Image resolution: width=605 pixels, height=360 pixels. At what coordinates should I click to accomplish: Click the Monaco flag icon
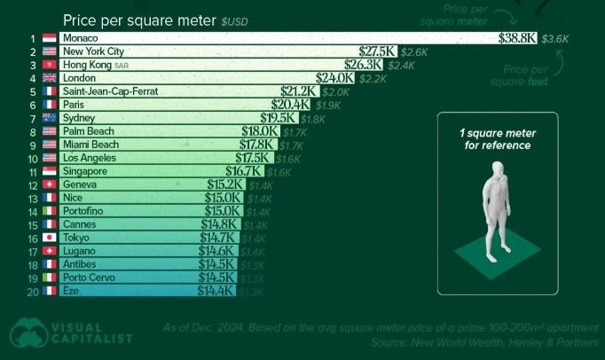coord(49,39)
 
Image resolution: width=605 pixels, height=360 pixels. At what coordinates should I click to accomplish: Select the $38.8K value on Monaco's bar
coord(518,39)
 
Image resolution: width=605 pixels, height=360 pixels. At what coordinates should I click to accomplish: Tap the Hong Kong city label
coord(86,66)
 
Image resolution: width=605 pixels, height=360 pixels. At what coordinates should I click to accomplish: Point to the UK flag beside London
coord(49,79)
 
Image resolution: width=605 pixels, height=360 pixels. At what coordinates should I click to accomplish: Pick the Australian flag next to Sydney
coord(49,118)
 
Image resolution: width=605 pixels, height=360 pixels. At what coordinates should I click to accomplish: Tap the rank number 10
coord(31,158)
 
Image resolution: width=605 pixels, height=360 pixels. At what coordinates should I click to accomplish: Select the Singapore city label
coord(84,171)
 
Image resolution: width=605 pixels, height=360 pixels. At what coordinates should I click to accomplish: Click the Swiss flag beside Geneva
coord(49,184)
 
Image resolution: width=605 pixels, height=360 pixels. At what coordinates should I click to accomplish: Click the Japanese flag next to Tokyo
coord(49,238)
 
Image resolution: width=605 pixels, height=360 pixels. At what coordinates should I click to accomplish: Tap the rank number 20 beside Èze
coord(31,291)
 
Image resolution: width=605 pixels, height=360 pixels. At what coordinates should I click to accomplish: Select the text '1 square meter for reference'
coord(497,139)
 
